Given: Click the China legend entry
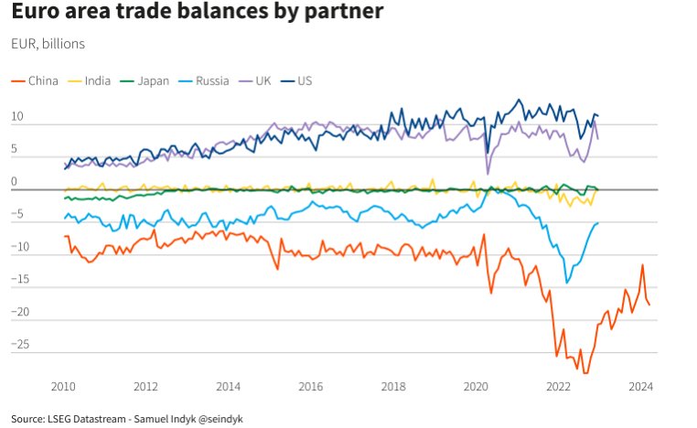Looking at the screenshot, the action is pos(35,80).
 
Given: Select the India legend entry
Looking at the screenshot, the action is pos(89,80).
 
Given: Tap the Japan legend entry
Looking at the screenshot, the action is pos(145,80).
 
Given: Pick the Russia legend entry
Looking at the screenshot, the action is pos(204,80).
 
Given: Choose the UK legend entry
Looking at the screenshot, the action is pos(255,80).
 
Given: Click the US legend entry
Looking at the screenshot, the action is pos(296,80).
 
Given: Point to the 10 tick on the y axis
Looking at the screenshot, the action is pos(16,116).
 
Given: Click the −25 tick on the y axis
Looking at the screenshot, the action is pos(20,344).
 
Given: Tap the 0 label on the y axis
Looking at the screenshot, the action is pos(14,181).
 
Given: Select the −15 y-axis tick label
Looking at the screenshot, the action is pos(20,279).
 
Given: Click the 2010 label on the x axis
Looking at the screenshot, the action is pos(63,387).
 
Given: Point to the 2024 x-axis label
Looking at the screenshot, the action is pos(640,387).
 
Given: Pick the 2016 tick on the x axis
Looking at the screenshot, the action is pos(311,387).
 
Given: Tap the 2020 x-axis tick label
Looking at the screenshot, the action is pos(476,387).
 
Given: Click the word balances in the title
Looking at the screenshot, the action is pos(222,11).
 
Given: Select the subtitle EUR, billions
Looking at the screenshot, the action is pos(48,44).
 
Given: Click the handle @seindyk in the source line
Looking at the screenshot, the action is pos(220,419).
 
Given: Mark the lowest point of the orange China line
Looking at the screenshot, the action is pos(585,373).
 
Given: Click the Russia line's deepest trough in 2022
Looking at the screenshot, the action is pos(567,283).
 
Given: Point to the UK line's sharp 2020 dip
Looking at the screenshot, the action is pos(488,174).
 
